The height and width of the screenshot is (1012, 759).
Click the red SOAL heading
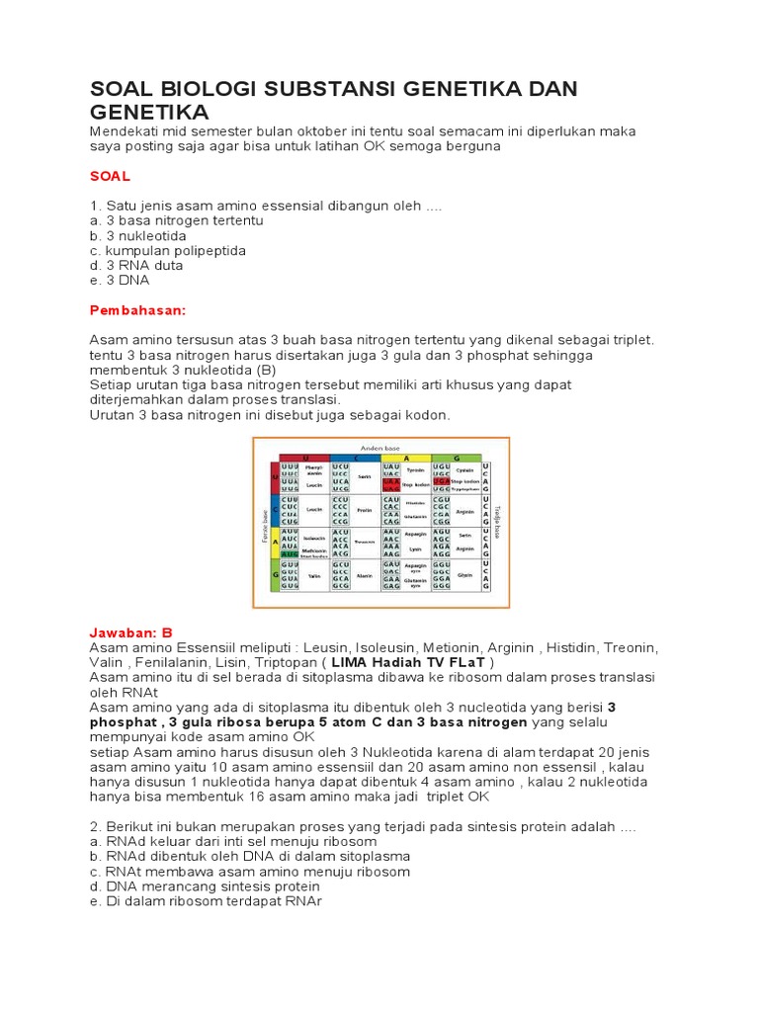tap(110, 175)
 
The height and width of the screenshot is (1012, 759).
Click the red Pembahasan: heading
tap(137, 309)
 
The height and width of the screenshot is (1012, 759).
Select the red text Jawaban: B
tap(131, 632)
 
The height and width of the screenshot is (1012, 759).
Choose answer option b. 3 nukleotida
tap(137, 235)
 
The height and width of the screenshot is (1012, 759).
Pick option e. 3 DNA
tap(119, 280)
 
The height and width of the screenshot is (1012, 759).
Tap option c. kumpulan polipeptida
tap(167, 250)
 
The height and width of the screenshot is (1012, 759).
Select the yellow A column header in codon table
tap(405, 458)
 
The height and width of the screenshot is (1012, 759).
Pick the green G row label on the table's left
tap(274, 574)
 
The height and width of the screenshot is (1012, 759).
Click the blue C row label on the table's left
tap(274, 509)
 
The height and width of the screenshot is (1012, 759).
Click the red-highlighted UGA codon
tap(441, 481)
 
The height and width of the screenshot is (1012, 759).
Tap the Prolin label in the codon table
tap(364, 510)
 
